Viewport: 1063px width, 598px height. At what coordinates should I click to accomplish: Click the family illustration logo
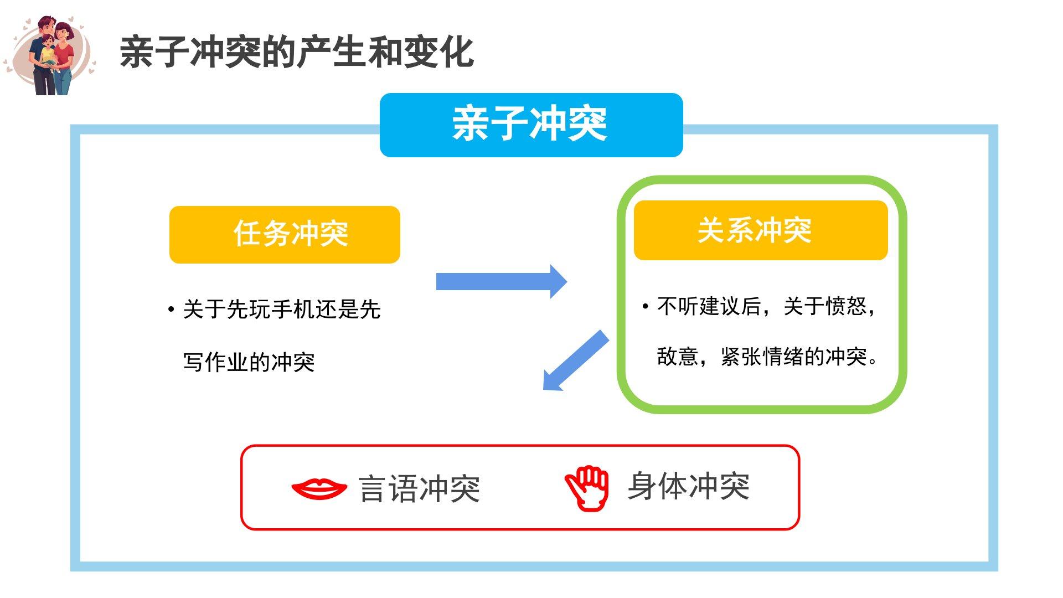point(50,55)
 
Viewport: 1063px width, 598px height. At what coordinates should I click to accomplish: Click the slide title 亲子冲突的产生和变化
point(297,53)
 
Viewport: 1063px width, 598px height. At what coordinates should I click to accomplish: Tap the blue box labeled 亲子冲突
point(531,125)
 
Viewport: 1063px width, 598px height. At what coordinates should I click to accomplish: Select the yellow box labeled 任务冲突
point(285,234)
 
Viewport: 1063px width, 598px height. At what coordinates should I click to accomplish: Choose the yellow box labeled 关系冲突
point(760,230)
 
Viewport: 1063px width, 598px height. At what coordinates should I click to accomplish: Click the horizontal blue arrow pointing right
point(501,281)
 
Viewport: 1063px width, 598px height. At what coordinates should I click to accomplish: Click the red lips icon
point(319,488)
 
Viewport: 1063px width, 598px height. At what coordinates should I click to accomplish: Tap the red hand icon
point(587,487)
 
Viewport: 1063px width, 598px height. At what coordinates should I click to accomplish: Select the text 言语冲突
point(419,489)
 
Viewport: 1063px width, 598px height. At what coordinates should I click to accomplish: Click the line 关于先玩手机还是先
point(281,310)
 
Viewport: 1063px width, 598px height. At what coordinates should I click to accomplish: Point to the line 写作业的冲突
point(249,363)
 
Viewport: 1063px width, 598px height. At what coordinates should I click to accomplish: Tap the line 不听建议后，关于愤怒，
point(766,306)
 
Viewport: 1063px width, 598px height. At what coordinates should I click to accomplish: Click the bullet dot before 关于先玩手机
point(171,309)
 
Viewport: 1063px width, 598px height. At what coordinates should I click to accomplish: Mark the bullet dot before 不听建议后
point(646,306)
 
